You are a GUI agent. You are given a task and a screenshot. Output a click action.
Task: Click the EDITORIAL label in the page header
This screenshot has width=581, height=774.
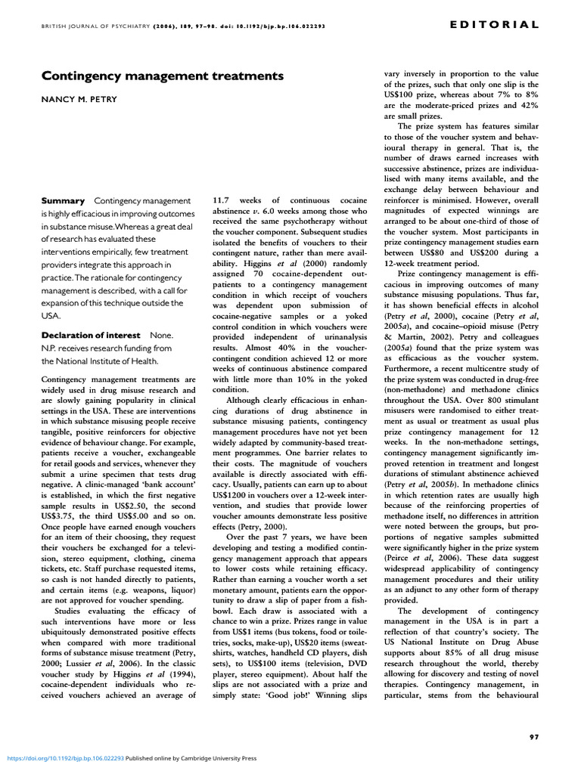point(494,24)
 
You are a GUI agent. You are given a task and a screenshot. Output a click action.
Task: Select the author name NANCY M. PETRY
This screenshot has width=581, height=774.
point(79,100)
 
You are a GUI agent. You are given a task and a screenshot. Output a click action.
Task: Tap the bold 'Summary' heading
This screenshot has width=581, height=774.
point(63,200)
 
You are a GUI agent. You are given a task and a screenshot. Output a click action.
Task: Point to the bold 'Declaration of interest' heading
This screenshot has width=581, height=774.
point(90,335)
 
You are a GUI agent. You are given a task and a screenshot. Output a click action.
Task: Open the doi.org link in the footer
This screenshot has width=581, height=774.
point(64,757)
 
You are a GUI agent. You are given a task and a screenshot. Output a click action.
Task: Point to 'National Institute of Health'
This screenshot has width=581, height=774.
point(106,361)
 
